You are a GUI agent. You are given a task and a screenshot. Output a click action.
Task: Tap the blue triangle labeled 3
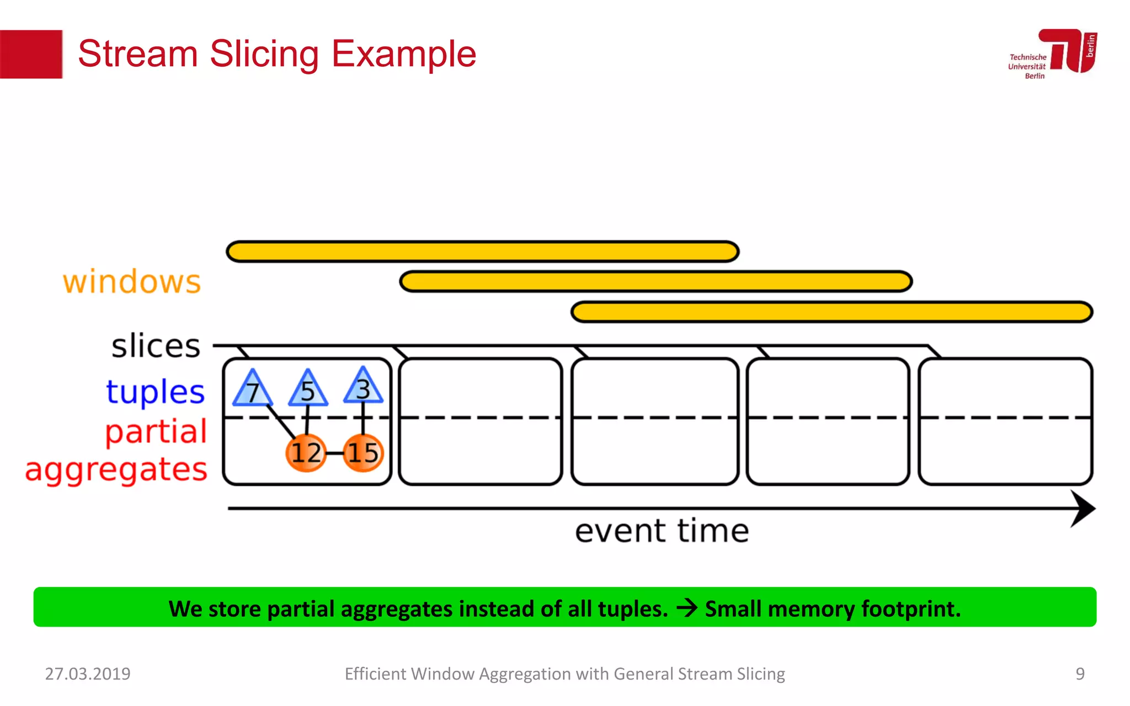pyautogui.click(x=363, y=388)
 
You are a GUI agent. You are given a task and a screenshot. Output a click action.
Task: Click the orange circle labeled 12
pyautogui.click(x=306, y=453)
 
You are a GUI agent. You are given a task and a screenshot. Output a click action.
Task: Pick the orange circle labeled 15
pyautogui.click(x=363, y=453)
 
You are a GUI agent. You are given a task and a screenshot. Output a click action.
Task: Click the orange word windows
pyautogui.click(x=132, y=282)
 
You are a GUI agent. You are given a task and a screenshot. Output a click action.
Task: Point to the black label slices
pyautogui.click(x=156, y=346)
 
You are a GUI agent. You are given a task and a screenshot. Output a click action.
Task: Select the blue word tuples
pyautogui.click(x=156, y=392)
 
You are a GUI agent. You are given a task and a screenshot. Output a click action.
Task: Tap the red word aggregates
pyautogui.click(x=116, y=470)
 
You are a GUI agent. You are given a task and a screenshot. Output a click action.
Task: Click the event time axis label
pyautogui.click(x=662, y=531)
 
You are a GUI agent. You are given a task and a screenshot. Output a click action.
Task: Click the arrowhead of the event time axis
pyautogui.click(x=1083, y=509)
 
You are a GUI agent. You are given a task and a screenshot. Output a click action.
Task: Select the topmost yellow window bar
pyautogui.click(x=483, y=252)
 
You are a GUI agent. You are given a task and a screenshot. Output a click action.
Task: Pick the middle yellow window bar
pyautogui.click(x=656, y=282)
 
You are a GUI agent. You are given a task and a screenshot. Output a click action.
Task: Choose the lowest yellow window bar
pyautogui.click(x=832, y=312)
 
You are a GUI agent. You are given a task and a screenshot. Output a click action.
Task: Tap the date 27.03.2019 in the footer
pyautogui.click(x=88, y=673)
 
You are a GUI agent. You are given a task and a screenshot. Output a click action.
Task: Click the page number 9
pyautogui.click(x=1080, y=673)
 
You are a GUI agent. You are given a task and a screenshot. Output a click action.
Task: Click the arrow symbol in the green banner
pyautogui.click(x=687, y=608)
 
